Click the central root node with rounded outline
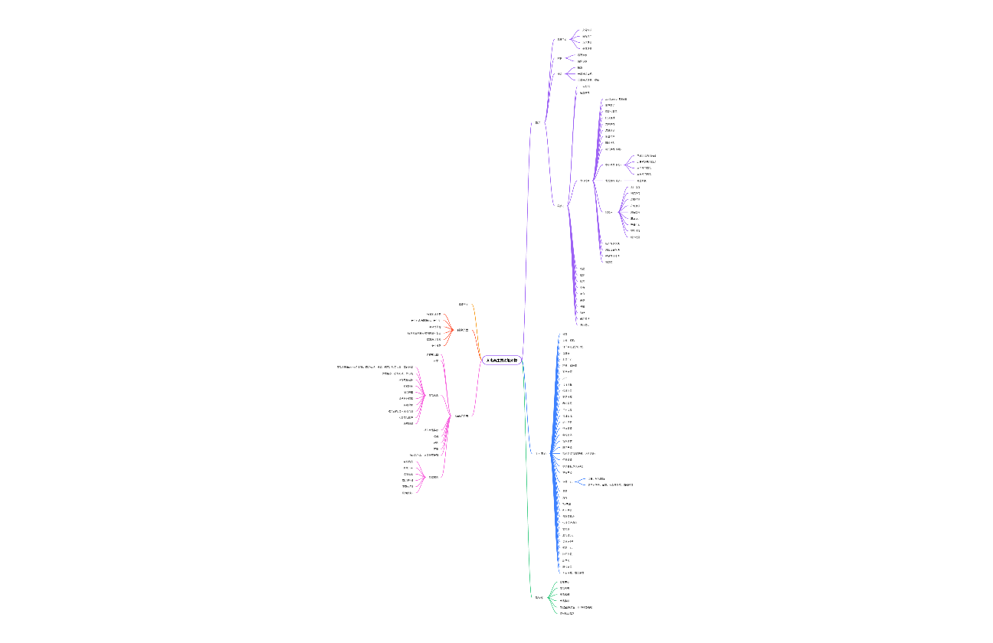click(502, 360)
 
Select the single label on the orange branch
click(463, 305)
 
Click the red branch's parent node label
click(463, 330)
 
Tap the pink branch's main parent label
click(461, 416)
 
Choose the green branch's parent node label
click(539, 597)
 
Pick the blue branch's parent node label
click(540, 454)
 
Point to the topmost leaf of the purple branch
click(586, 30)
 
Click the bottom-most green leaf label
click(566, 613)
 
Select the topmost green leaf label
click(564, 582)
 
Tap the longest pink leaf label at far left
click(375, 367)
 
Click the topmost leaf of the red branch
click(434, 314)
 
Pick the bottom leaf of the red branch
click(436, 346)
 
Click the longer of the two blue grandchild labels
click(610, 485)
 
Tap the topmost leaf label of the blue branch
click(565, 335)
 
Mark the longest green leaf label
click(575, 607)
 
